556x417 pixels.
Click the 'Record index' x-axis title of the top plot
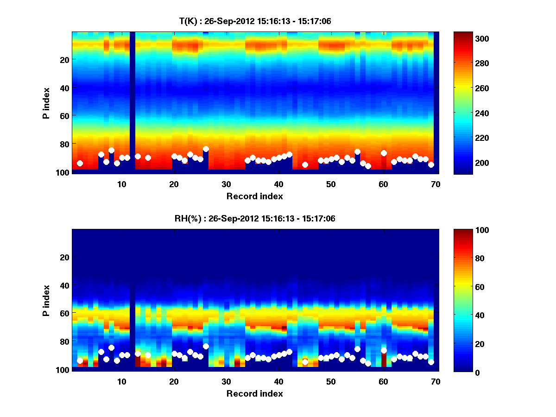point(255,196)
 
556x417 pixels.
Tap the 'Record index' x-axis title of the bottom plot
point(255,393)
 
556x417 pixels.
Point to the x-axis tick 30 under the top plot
point(226,184)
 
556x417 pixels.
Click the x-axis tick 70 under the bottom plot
point(436,381)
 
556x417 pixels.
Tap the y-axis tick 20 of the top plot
point(64,60)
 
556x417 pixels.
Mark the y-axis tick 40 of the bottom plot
point(64,285)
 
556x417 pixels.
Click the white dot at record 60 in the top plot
point(384,153)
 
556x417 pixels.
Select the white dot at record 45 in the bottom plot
point(305,362)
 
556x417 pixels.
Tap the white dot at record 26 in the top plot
point(206,149)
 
